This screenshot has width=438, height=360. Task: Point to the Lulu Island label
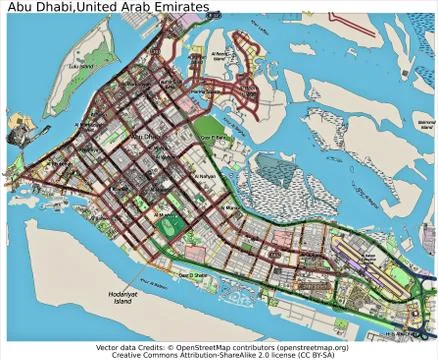coord(78,67)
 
